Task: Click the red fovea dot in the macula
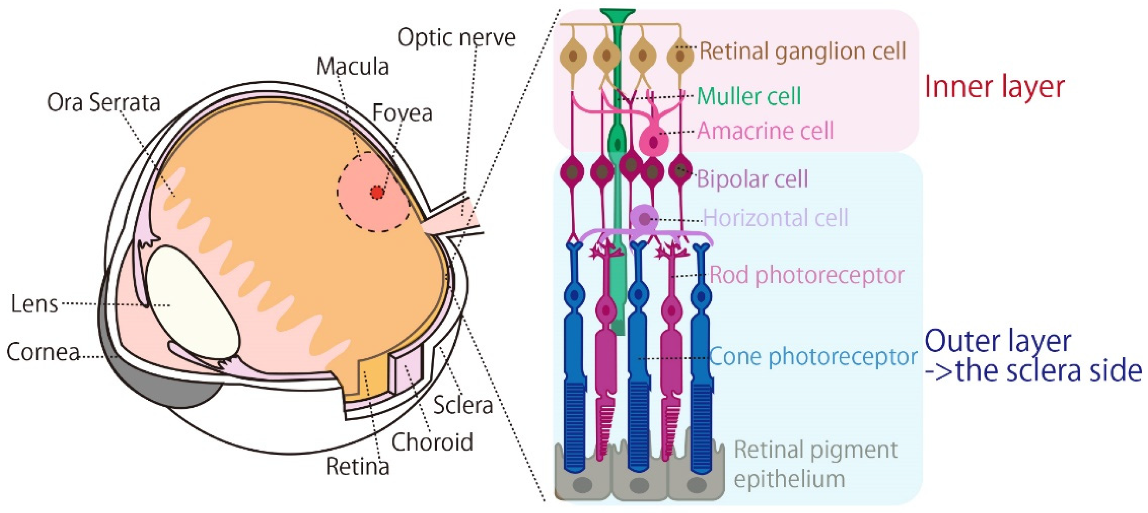pyautogui.click(x=377, y=192)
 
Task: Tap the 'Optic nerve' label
pyautogui.click(x=456, y=38)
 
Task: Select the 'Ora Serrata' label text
pyautogui.click(x=103, y=103)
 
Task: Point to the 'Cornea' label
pyautogui.click(x=43, y=353)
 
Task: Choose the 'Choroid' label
pyautogui.click(x=432, y=442)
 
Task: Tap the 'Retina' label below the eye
pyautogui.click(x=357, y=467)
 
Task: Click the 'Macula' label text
pyautogui.click(x=353, y=67)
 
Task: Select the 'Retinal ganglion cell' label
pyautogui.click(x=802, y=51)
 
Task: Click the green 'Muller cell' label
pyautogui.click(x=749, y=96)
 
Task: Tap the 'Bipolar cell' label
pyautogui.click(x=752, y=179)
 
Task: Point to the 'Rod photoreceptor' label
pyautogui.click(x=807, y=275)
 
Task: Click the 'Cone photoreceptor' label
pyautogui.click(x=813, y=357)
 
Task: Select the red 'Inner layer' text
pyautogui.click(x=994, y=87)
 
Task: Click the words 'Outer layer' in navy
pyautogui.click(x=998, y=341)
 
